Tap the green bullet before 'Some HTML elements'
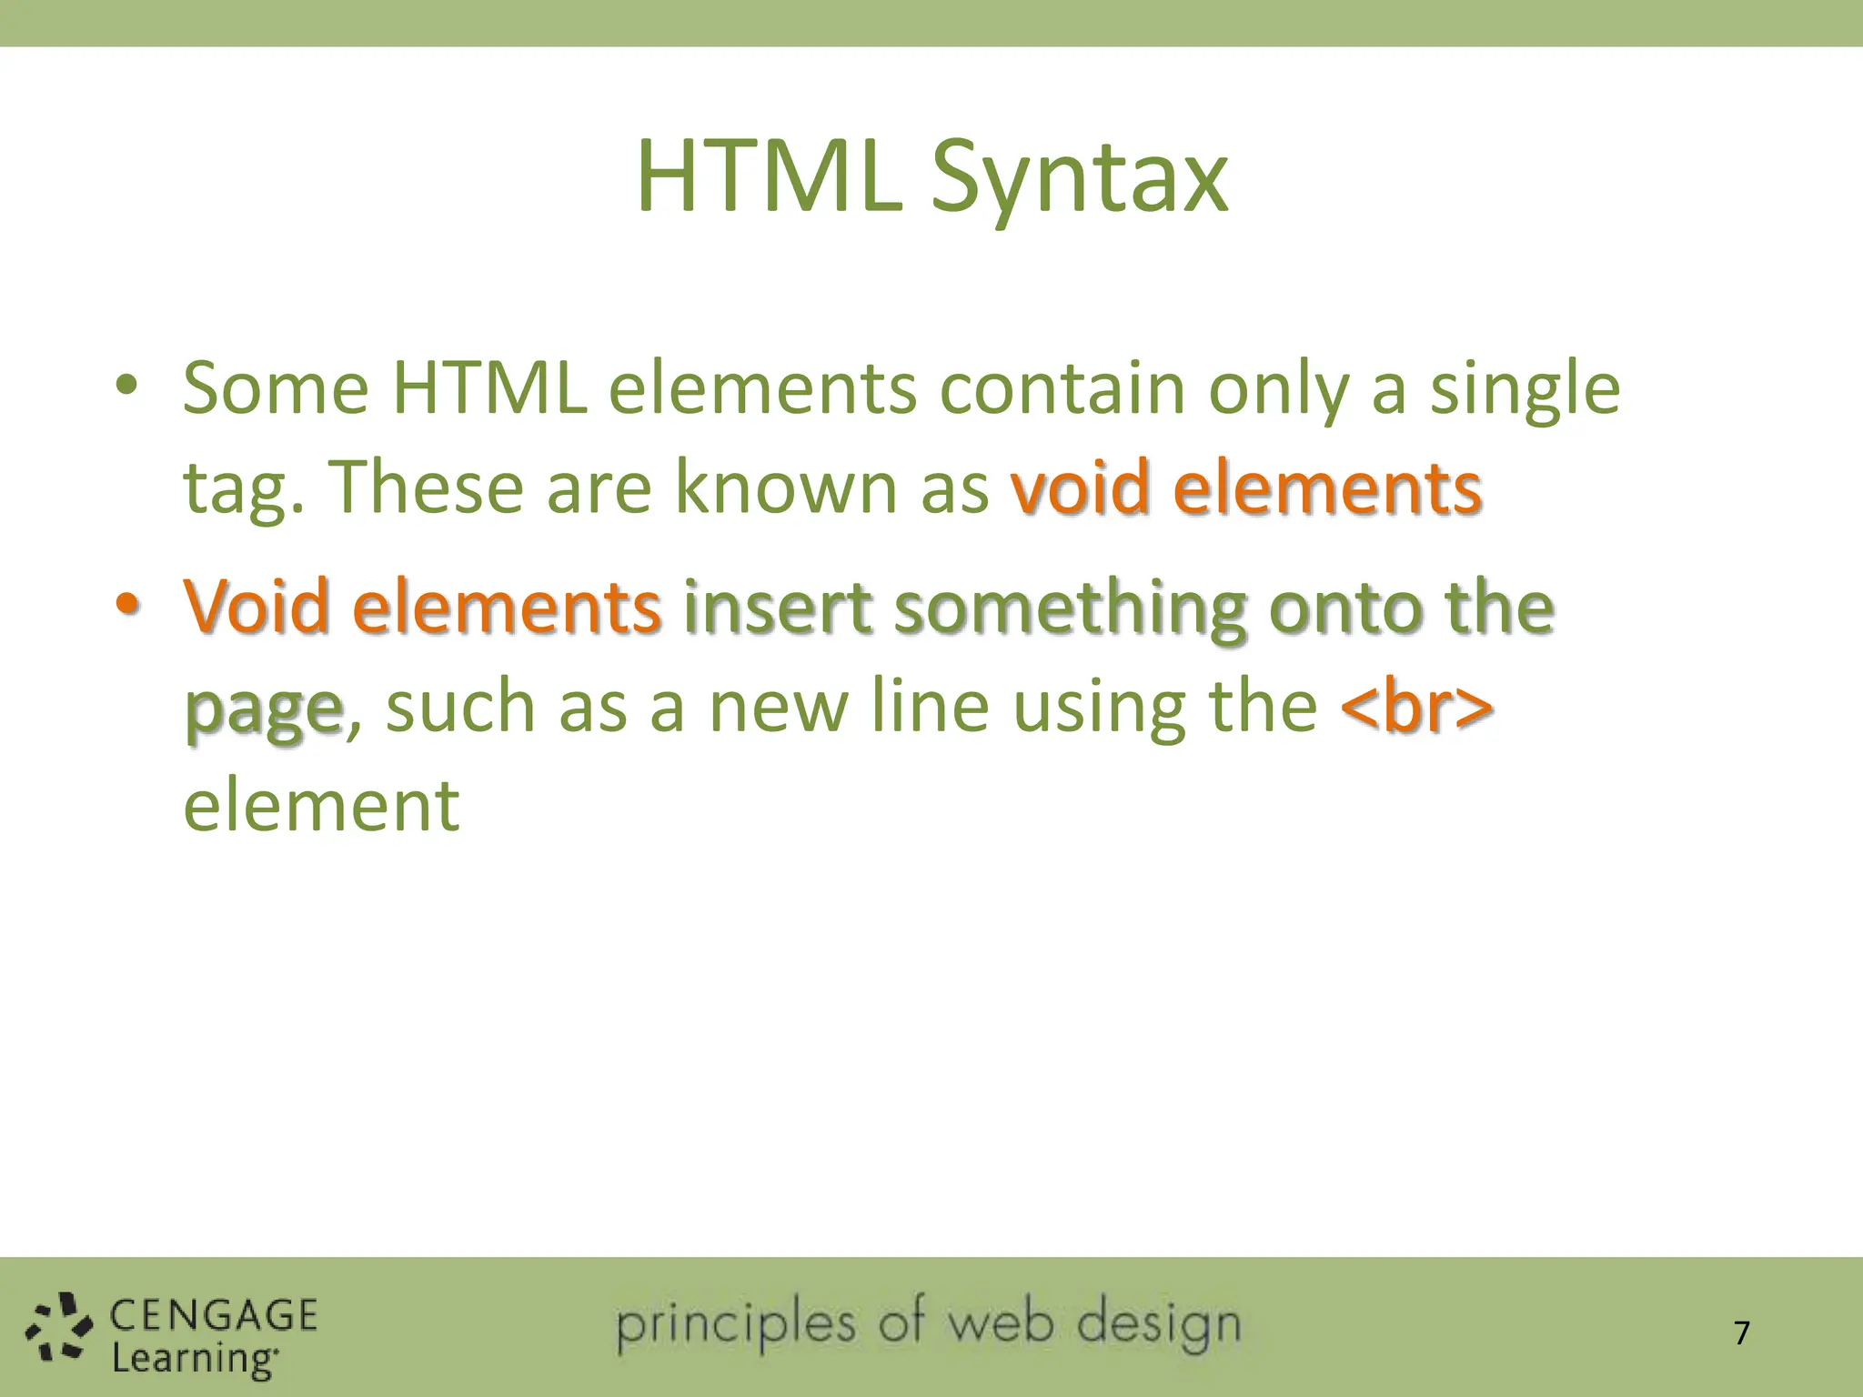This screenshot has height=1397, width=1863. coord(126,386)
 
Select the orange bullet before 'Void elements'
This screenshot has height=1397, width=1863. coord(126,604)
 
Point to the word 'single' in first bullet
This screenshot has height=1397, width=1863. coord(1525,389)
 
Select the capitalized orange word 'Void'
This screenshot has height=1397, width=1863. coord(256,607)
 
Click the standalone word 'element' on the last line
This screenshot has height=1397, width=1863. coord(321,807)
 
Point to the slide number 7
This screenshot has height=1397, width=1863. coord(1741,1333)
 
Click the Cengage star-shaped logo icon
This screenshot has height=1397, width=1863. coord(58,1330)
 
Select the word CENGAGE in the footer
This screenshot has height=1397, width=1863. coord(214,1316)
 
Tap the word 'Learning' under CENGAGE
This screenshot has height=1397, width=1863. coord(194,1359)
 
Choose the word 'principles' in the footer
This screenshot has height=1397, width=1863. coord(736,1327)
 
